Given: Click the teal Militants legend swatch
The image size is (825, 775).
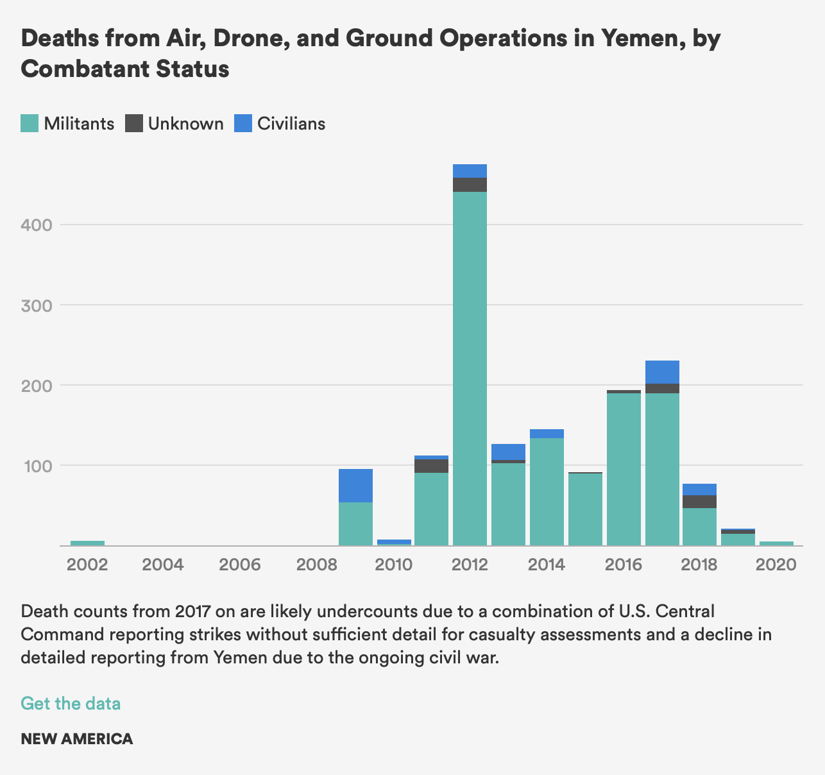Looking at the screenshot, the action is point(30,123).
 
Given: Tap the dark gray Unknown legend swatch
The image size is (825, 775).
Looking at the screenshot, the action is point(134,123).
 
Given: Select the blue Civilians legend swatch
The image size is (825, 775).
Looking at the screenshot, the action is point(243,123).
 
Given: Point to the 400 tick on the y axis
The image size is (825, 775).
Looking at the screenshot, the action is point(37,225).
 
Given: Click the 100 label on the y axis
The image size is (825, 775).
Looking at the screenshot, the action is point(38,466).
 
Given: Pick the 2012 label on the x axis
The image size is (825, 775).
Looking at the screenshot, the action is point(470,565).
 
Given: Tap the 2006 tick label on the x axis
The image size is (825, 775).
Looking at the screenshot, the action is point(240,565).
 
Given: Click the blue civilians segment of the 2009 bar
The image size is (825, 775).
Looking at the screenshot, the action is point(355,486).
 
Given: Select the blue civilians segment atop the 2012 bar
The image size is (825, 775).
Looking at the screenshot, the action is point(470,171).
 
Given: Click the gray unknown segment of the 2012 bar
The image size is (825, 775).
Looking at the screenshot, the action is point(470,185).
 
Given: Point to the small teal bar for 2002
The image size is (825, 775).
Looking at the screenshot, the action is point(88,543).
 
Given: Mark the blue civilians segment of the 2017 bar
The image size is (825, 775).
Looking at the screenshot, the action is point(662,372).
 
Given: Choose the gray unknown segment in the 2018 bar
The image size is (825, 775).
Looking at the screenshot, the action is point(699,502).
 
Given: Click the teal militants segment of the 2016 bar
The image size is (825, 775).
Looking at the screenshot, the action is point(624,469).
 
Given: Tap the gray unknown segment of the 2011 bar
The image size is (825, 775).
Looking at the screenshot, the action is point(432,466).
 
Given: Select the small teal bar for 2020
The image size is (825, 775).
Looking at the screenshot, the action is point(776,543).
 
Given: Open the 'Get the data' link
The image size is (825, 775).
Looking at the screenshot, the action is point(71,704).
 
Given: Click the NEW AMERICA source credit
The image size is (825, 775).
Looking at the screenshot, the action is point(77,739).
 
